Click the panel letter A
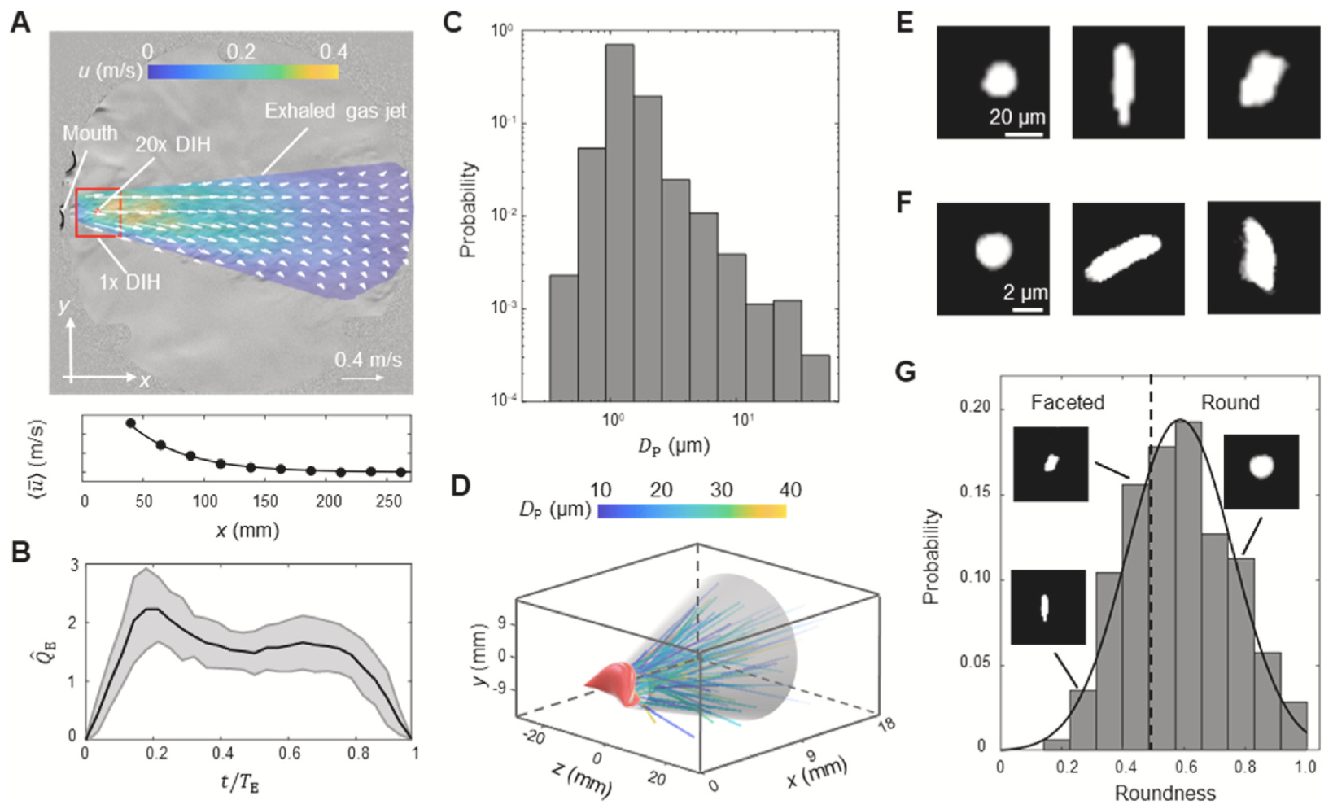(20, 22)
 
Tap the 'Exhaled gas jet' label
(334, 111)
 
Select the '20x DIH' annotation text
(173, 145)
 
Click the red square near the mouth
(98, 212)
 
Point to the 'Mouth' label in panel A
(90, 133)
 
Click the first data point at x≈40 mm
(130, 423)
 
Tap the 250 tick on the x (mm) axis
(388, 501)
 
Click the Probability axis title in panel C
(468, 209)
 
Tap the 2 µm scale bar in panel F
(1028, 309)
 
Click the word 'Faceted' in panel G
(1067, 403)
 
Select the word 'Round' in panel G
(1230, 403)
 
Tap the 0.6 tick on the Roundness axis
(1186, 767)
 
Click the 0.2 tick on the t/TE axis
(157, 754)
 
